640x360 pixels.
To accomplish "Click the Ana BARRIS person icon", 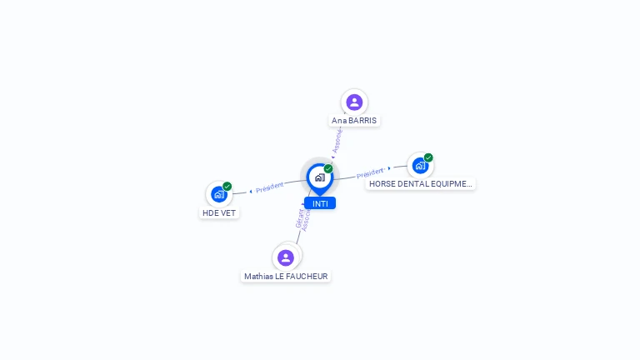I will [x=354, y=102].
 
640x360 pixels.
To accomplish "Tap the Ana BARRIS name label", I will [x=354, y=120].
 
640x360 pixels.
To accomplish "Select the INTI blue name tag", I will [x=320, y=203].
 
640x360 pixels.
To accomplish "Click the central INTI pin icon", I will [x=319, y=177].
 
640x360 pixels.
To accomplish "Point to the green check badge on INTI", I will [x=328, y=169].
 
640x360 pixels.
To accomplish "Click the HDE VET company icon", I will [x=219, y=194].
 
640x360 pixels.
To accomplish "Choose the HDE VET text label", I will [x=219, y=212].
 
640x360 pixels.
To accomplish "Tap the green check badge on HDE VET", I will [x=227, y=187].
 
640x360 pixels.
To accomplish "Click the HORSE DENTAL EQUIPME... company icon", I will [x=420, y=165].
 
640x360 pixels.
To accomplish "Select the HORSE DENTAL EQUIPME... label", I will [x=420, y=183].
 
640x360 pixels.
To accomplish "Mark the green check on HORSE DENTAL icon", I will [x=428, y=157].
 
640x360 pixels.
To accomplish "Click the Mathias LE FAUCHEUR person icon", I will [x=286, y=257].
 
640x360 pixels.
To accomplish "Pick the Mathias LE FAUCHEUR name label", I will [x=286, y=276].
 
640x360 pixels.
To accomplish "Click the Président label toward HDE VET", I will [x=270, y=187].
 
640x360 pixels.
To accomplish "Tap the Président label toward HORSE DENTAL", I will [x=370, y=173].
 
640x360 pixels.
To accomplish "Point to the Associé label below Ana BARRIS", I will [x=337, y=140].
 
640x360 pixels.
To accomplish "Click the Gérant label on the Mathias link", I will [x=299, y=218].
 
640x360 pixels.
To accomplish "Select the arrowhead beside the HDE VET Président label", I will [x=251, y=191].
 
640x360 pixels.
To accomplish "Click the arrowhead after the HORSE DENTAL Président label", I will [x=389, y=168].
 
